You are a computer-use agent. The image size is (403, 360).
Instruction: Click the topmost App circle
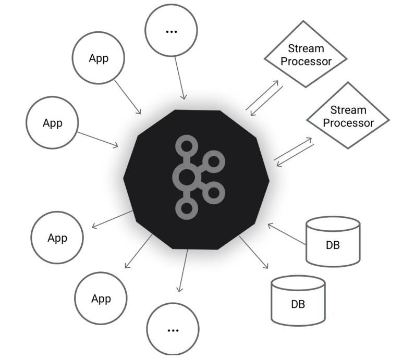tap(99, 59)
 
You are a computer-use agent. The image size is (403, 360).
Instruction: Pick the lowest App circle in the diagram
tap(101, 299)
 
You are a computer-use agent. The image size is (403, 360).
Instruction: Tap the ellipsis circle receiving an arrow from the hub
tap(173, 330)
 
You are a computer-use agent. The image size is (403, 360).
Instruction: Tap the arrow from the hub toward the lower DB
tap(254, 252)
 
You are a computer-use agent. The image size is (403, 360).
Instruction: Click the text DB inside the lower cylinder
tap(298, 304)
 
